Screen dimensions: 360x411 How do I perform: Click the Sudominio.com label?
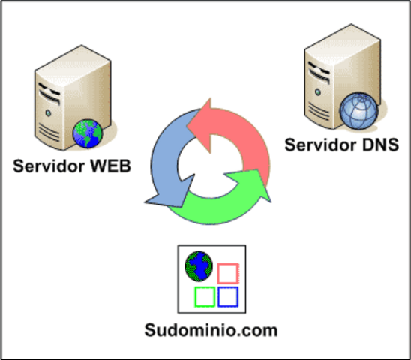[x=211, y=330]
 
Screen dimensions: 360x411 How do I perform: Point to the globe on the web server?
[x=87, y=134]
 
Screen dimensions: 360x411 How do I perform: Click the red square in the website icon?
[x=227, y=272]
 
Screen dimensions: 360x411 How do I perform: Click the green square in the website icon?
[x=204, y=297]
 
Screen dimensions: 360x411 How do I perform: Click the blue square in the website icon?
[x=228, y=297]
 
